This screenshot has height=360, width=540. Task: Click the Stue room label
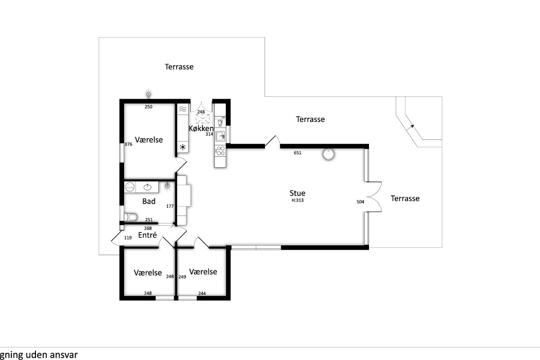[297, 193]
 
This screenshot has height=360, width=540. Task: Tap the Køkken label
[201, 128]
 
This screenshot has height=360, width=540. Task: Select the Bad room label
[149, 201]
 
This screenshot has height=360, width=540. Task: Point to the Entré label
[148, 235]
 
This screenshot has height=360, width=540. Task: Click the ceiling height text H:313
[297, 200]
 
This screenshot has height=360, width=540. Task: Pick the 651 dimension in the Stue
[297, 153]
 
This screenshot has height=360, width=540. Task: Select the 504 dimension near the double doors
[360, 202]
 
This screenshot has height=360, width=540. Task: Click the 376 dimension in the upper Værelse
[128, 144]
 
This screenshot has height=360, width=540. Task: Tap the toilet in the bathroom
[130, 217]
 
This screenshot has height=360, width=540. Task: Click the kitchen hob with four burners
[220, 151]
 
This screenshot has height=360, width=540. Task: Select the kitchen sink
[220, 136]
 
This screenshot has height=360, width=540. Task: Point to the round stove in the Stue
[328, 154]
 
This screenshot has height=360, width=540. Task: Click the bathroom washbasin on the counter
[147, 187]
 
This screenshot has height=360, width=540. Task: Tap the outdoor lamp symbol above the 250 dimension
[148, 94]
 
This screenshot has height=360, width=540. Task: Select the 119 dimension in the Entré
[128, 238]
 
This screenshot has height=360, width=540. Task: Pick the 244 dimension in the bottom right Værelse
[202, 293]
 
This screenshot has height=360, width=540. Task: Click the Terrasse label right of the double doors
[405, 198]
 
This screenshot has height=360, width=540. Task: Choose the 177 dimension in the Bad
[170, 206]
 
